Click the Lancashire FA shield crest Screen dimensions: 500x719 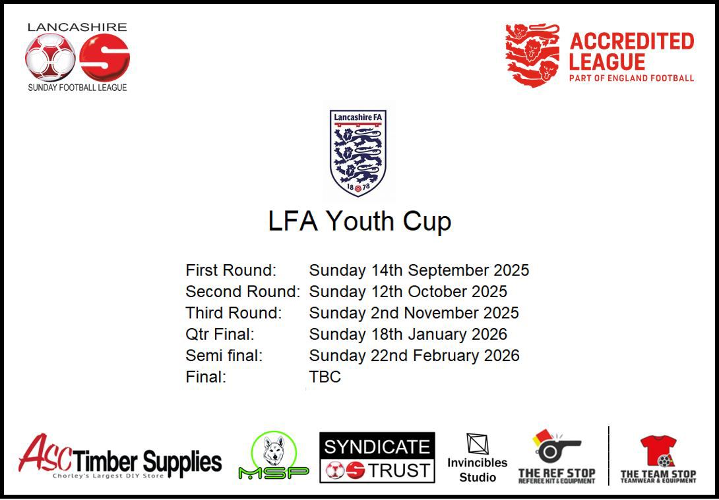pos(358,153)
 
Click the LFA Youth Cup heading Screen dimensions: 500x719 pos(359,221)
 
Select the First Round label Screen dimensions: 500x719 pos(231,270)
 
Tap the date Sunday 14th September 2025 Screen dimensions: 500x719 pos(419,270)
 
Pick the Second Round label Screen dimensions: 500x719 pos(243,291)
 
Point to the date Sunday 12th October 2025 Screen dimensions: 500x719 pos(408,291)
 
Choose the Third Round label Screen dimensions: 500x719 pos(234,313)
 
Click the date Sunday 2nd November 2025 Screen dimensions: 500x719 pos(414,313)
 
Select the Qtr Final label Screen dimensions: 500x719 pos(220,334)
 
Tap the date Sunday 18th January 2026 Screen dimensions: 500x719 pos(408,334)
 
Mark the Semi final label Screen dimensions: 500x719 pos(224,356)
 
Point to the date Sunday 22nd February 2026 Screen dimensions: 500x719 pos(414,356)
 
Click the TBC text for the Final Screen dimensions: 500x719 pos(325,377)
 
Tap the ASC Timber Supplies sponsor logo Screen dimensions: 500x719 pos(120,457)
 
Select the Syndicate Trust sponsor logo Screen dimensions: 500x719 pos(377,458)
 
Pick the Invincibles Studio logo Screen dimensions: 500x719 pos(477,458)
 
